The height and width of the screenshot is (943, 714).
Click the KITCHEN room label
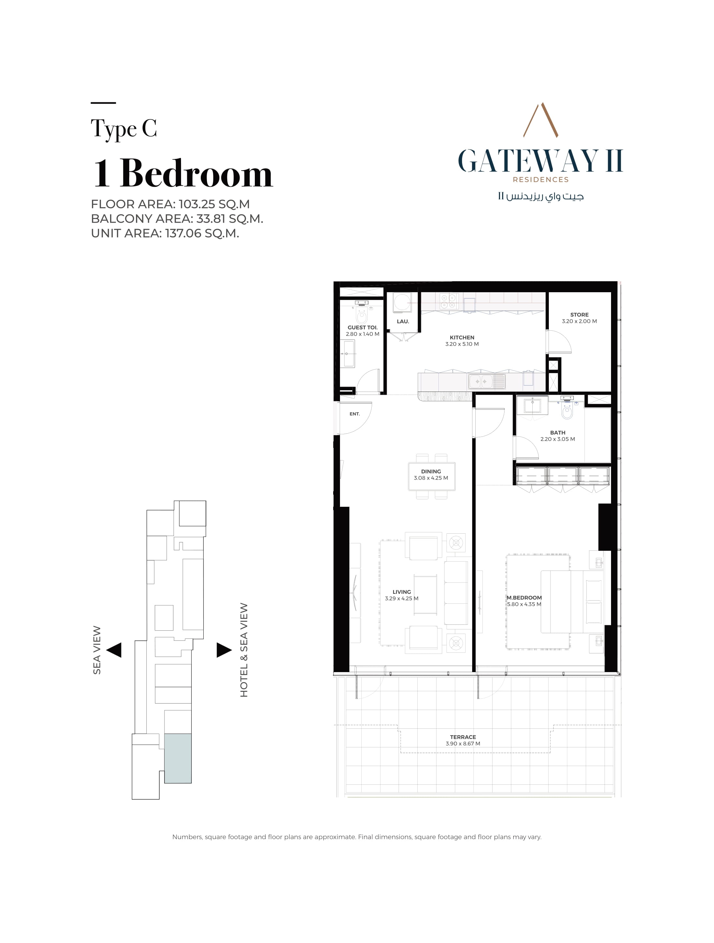click(x=462, y=337)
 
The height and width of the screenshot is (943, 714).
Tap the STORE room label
click(x=579, y=315)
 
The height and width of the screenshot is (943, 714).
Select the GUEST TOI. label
click(x=363, y=327)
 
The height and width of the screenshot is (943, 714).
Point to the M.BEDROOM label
click(x=524, y=598)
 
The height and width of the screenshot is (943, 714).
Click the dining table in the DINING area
click(x=431, y=476)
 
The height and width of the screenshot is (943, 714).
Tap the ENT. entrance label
click(x=355, y=414)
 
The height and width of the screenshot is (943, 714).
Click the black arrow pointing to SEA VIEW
click(x=114, y=650)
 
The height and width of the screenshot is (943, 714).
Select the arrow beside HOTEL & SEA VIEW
click(x=224, y=650)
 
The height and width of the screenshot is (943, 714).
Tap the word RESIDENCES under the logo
click(x=540, y=180)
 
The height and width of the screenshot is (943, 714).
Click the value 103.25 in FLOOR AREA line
click(x=197, y=204)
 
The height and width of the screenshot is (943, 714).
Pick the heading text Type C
click(x=124, y=129)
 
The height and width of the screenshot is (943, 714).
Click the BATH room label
click(x=558, y=433)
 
